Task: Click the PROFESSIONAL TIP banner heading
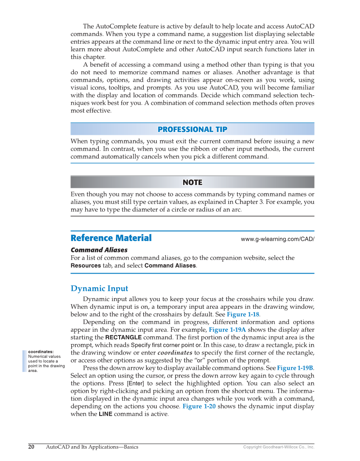pos(192,129)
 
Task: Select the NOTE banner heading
pos(192,182)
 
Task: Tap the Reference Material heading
pos(111,238)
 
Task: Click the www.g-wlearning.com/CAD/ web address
pos(277,239)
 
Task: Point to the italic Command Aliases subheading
pos(99,250)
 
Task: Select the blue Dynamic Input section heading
pos(99,289)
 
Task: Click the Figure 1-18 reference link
pos(243,314)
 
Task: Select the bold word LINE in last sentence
pos(105,414)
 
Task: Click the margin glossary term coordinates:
pos(41,352)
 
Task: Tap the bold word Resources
pos(86,265)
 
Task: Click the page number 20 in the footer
pos(31,447)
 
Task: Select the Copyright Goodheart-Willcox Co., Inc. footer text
pos(278,447)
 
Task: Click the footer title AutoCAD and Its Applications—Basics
pos(92,447)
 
